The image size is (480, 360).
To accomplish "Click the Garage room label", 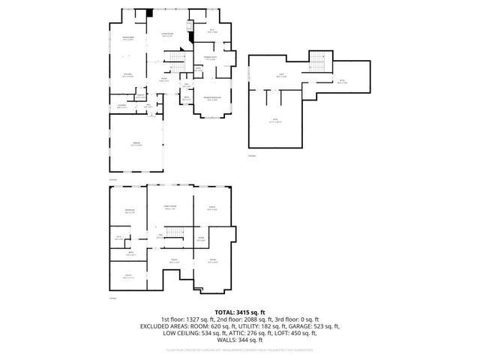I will point(136,143).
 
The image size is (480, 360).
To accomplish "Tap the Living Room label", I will point(169,34).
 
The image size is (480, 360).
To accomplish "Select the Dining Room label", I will point(128,38).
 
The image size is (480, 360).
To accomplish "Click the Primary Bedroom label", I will point(212,99).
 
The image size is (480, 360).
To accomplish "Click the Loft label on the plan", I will point(281,75).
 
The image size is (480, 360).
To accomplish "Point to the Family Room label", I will point(170,207).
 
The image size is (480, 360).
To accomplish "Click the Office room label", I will point(211,208).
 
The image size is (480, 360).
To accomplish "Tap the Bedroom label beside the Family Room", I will point(129,210).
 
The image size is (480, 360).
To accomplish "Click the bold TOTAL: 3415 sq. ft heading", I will point(239,311).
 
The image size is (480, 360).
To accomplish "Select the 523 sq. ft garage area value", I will point(323,326).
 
